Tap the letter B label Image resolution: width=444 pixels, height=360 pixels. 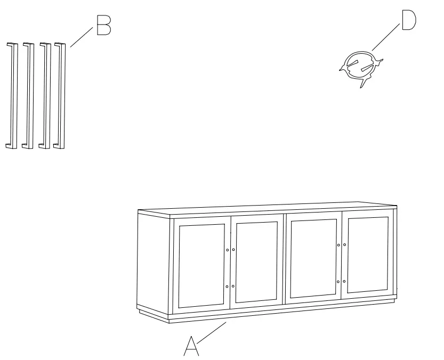(x=103, y=25)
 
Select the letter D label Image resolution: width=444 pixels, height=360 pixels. (x=408, y=21)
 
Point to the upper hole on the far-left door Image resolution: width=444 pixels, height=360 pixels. (x=227, y=250)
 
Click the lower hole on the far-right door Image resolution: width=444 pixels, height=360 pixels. (x=344, y=281)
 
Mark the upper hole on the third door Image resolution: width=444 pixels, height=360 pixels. (x=338, y=245)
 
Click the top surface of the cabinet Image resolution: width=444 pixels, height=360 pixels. (x=267, y=209)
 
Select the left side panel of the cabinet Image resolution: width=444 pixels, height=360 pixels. (x=154, y=264)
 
